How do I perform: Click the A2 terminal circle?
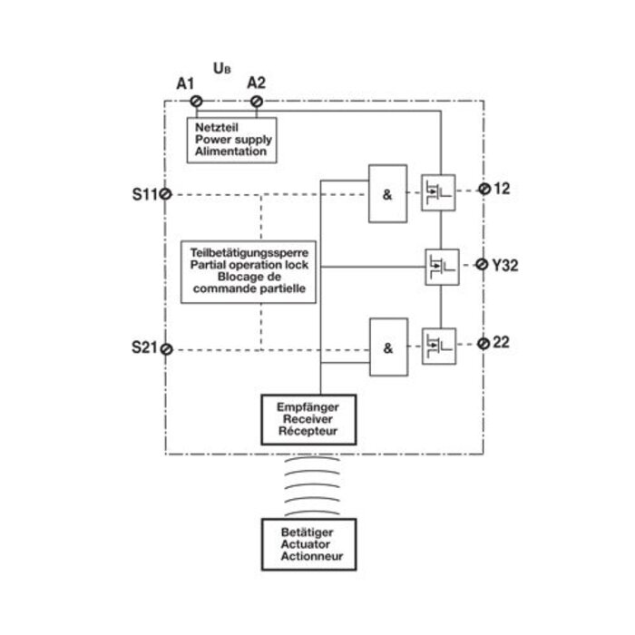(257, 101)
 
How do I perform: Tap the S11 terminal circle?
(167, 194)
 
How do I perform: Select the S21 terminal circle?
(167, 347)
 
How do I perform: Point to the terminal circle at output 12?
(484, 189)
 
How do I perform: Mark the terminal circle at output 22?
(484, 342)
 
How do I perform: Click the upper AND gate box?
(387, 193)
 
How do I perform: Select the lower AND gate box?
(387, 347)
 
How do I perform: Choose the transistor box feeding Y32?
(439, 267)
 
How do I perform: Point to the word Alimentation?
(230, 152)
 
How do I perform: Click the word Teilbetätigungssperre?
(249, 251)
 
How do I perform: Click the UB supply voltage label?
(220, 68)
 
